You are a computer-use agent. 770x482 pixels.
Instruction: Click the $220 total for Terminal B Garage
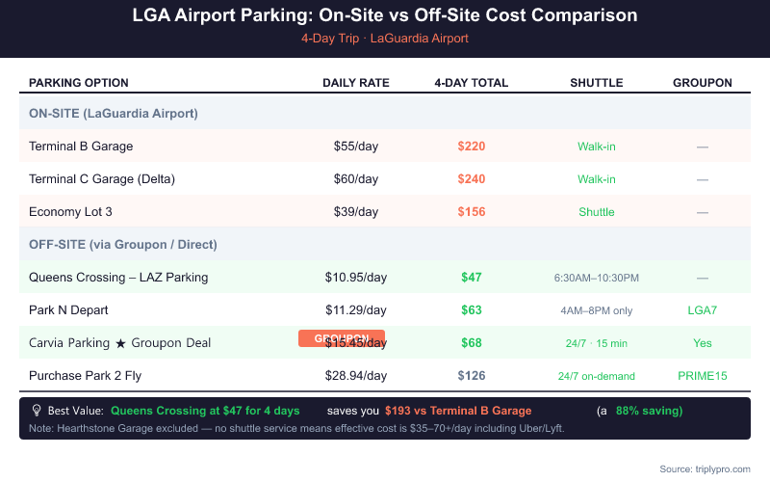point(472,147)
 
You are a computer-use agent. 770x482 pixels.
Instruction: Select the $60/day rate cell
point(356,179)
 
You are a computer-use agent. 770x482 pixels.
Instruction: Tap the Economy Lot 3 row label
point(70,212)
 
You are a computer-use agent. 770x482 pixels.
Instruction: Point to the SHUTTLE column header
point(597,83)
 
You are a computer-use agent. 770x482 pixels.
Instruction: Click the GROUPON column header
point(703,83)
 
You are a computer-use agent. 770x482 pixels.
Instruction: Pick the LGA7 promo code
point(703,310)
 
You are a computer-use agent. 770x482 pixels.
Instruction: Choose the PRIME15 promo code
point(703,376)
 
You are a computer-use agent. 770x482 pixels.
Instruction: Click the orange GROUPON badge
point(342,338)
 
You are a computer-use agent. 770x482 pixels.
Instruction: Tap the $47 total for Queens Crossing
point(472,278)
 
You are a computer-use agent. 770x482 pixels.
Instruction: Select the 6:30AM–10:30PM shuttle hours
point(597,278)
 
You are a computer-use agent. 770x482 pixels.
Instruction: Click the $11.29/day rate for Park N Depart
point(356,310)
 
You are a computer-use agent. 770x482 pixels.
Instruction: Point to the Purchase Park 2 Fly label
point(85,376)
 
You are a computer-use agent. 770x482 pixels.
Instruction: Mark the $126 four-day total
point(472,376)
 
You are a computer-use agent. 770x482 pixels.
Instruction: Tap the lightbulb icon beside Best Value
point(37,411)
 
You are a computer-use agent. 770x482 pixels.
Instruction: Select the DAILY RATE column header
point(356,83)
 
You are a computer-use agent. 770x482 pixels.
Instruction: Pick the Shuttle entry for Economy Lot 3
point(597,212)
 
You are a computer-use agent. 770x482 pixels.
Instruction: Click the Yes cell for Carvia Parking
point(703,343)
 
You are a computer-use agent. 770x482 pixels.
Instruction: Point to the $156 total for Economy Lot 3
point(472,212)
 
